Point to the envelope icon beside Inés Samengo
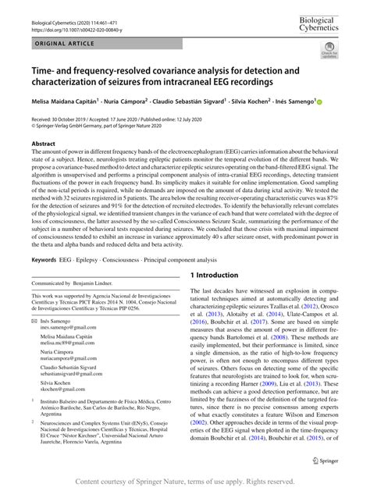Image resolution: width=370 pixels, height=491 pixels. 34,322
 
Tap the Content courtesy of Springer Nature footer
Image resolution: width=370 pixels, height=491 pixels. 185,482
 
